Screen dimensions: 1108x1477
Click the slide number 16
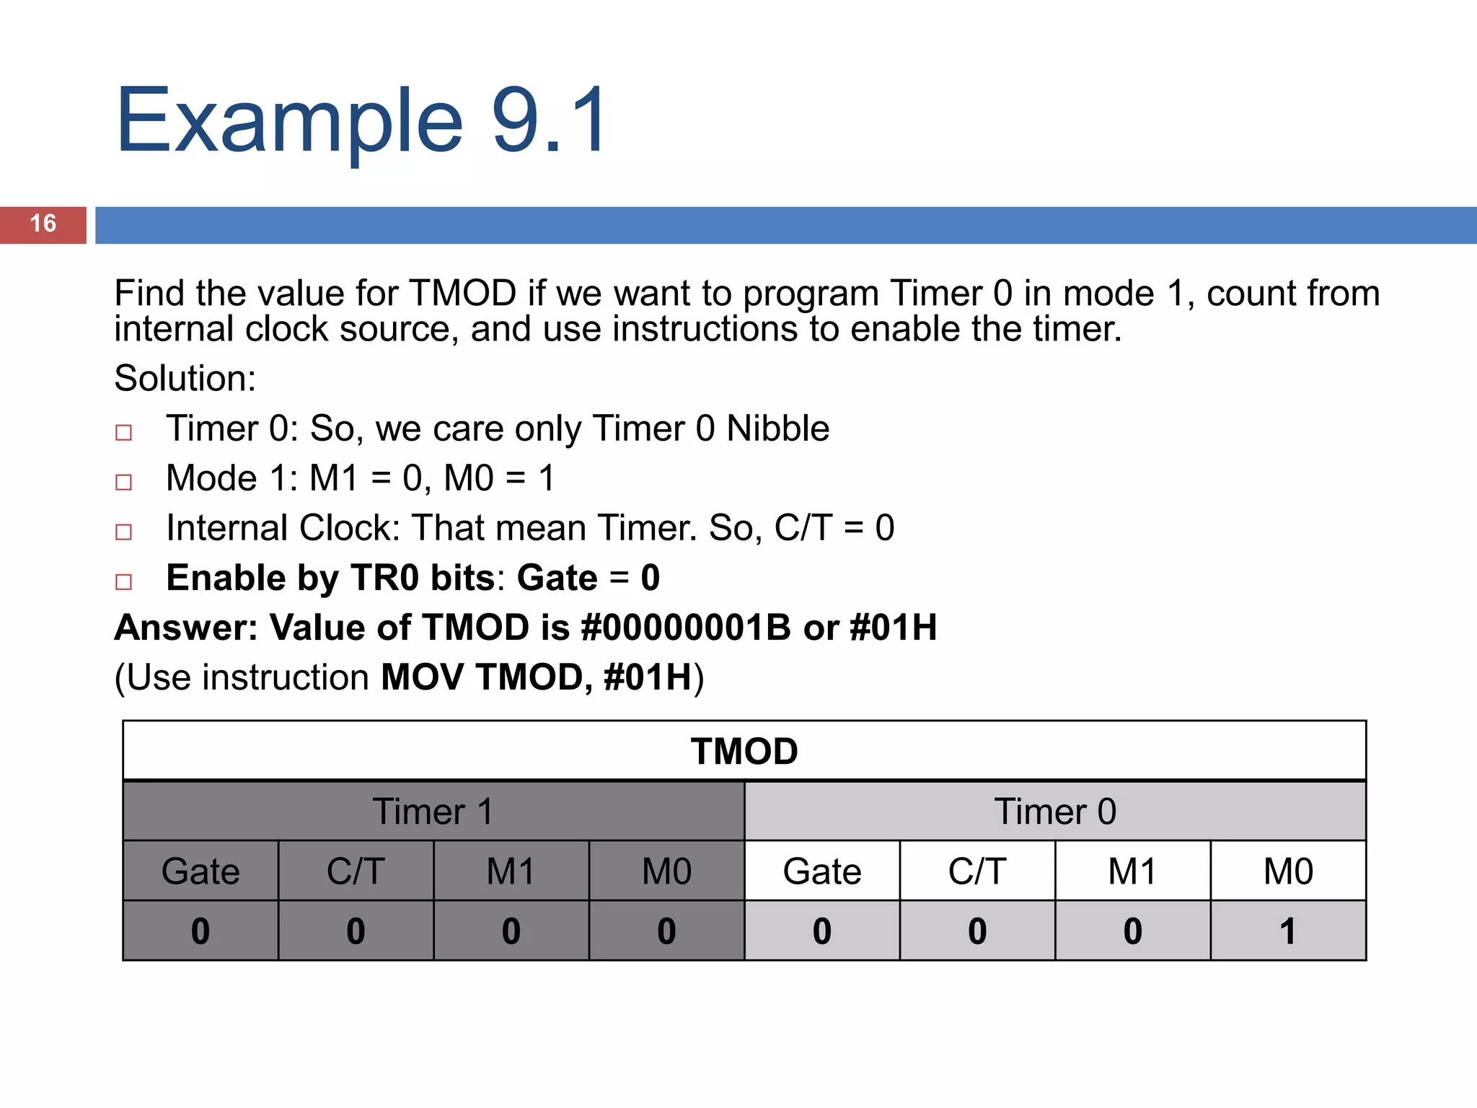43,224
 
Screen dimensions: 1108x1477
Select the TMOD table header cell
744,752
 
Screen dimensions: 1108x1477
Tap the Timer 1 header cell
433,812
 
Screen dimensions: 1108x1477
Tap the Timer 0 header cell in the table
1055,812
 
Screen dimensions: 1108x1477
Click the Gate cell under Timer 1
200,871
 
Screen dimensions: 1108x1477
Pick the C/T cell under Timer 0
977,871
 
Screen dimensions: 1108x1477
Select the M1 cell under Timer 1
511,871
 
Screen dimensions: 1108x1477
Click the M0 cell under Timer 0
1288,871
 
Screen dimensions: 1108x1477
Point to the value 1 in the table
1288,931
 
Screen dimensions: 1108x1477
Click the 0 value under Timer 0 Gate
822,931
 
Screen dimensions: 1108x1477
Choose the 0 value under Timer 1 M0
666,931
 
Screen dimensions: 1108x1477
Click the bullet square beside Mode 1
124,482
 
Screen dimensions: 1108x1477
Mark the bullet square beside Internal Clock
124,532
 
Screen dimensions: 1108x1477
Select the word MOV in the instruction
422,677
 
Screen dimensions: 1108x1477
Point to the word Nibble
777,428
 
